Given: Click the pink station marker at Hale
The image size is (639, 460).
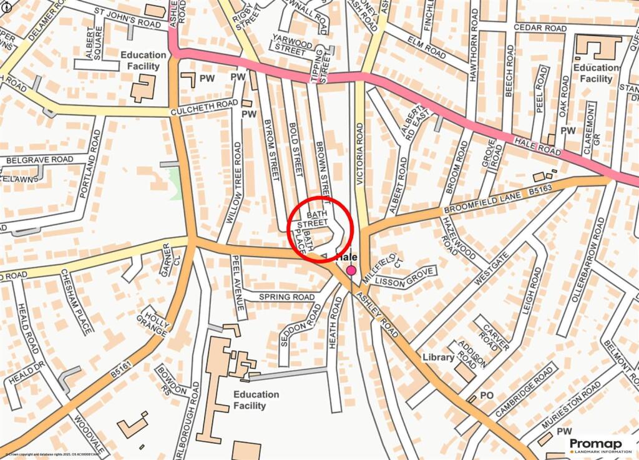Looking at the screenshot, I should tap(351, 270).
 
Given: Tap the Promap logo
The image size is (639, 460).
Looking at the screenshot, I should tap(600, 444).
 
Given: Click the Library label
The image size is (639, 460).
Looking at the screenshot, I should tap(438, 357).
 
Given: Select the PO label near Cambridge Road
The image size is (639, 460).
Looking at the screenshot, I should tap(487, 396).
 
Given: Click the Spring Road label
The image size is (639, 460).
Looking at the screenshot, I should tap(286, 297).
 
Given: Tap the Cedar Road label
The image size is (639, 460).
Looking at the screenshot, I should tap(540, 28).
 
